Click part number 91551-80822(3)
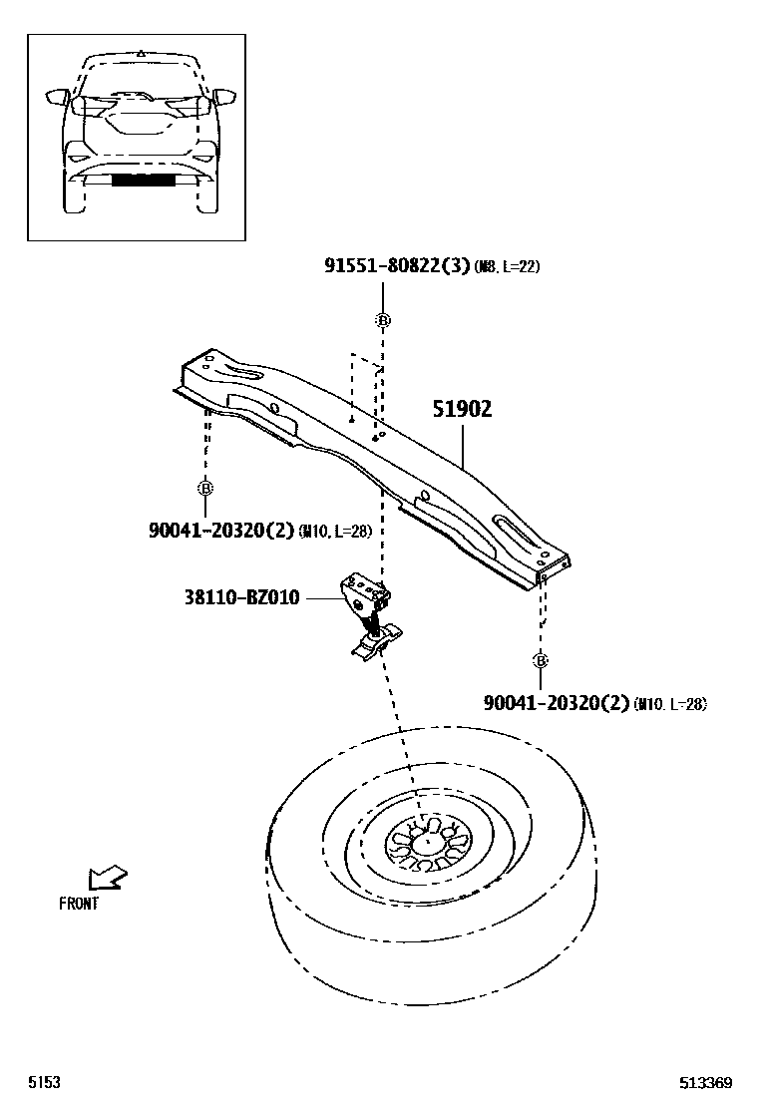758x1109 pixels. tap(397, 265)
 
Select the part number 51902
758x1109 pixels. tap(462, 409)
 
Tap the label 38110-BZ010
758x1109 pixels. tap(241, 598)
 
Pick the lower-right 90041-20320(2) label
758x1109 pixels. tap(557, 703)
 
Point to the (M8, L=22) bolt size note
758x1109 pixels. tap(506, 267)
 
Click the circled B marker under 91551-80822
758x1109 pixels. tap(383, 320)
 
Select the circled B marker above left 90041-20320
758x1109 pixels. tap(204, 488)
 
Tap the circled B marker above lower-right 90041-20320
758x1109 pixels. tap(541, 660)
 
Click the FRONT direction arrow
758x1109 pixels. tap(107, 878)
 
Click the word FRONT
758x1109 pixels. tap(79, 905)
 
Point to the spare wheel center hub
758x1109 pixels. tap(426, 843)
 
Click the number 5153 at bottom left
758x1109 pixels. tap(44, 1084)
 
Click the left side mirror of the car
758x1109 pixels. tap(57, 97)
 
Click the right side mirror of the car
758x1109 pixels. tap(224, 97)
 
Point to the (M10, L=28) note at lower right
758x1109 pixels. tap(669, 704)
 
